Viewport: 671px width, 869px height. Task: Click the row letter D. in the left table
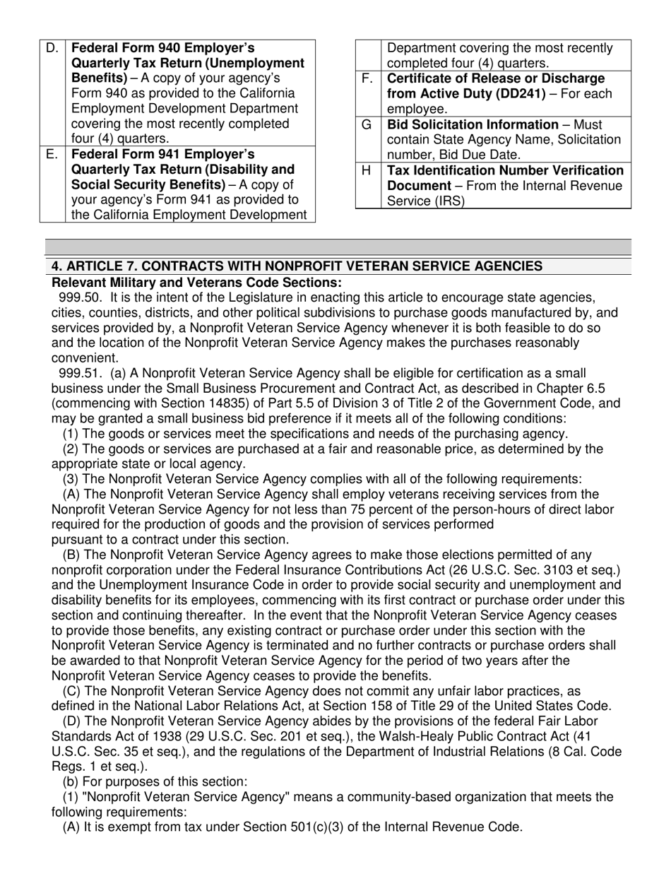(x=52, y=48)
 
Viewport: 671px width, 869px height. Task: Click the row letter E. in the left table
(x=52, y=154)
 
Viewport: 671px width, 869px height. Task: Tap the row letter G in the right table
(x=367, y=124)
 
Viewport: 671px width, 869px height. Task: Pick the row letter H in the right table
(x=367, y=170)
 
